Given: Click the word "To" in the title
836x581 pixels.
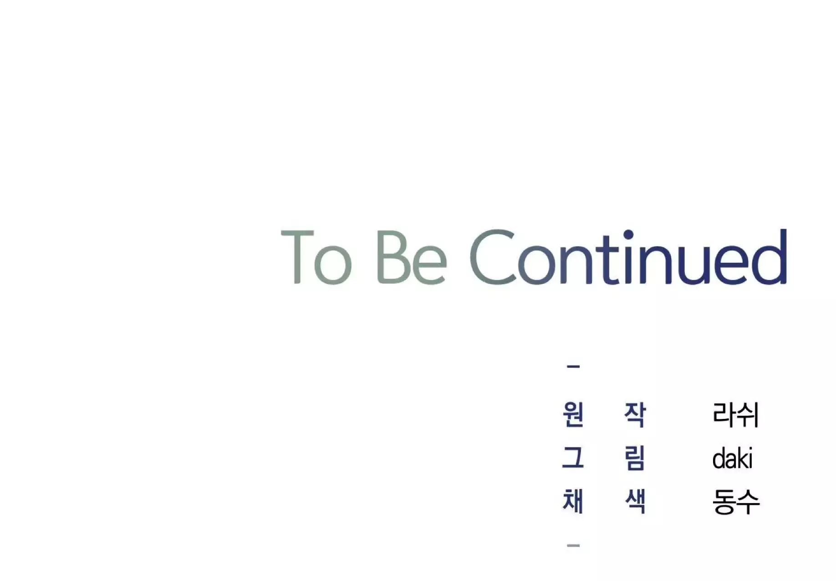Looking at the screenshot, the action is (x=316, y=257).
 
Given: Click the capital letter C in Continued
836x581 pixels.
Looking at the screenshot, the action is (x=493, y=257).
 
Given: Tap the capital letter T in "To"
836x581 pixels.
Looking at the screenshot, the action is (x=297, y=257).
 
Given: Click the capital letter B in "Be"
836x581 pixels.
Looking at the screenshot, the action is (x=393, y=257).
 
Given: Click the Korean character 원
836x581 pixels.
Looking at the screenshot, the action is (x=573, y=414).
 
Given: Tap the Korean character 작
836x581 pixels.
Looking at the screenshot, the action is (x=635, y=414).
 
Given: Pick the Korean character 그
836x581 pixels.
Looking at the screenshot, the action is (x=573, y=458).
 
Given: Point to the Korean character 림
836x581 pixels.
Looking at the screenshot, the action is (x=635, y=458).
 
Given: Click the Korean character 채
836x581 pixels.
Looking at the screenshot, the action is (x=573, y=501).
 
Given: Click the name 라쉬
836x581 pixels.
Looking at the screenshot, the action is (x=735, y=415).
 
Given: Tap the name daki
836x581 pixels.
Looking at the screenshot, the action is (x=732, y=458).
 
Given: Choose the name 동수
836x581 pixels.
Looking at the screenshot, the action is (x=736, y=502).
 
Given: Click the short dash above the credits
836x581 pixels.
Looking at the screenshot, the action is (x=573, y=367).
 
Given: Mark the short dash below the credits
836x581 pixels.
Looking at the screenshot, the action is (x=573, y=545).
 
